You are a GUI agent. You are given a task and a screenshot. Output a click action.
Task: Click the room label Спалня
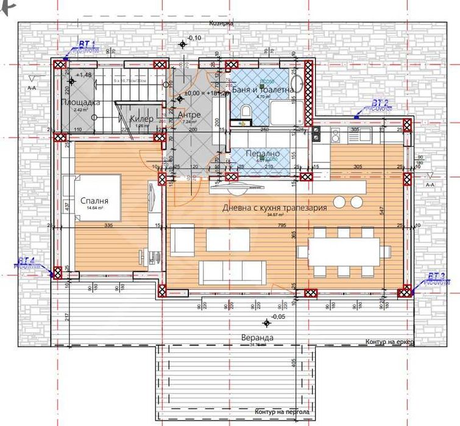pyautogui.click(x=94, y=200)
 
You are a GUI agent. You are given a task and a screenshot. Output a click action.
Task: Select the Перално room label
pyautogui.click(x=263, y=154)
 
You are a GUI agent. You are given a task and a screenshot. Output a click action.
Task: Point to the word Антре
pyautogui.click(x=188, y=114)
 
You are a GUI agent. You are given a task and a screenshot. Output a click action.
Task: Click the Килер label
pyautogui.click(x=141, y=118)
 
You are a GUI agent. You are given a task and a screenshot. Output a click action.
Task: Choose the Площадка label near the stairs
pyautogui.click(x=80, y=102)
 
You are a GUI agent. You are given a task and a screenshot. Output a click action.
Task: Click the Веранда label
pyautogui.click(x=257, y=337)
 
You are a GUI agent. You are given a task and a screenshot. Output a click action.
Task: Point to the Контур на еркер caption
pyautogui.click(x=389, y=342)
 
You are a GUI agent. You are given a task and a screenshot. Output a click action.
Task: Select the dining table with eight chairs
pyautogui.click(x=343, y=251)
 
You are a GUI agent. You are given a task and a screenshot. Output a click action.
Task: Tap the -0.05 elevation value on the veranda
pyautogui.click(x=278, y=317)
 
